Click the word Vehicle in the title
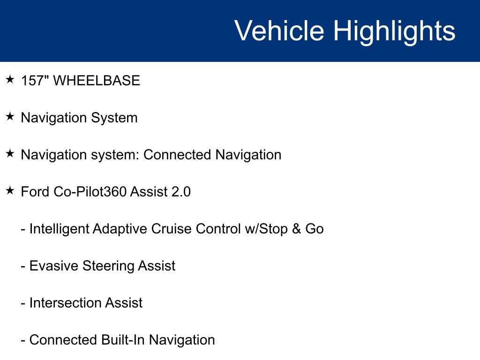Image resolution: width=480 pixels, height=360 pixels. point(279,30)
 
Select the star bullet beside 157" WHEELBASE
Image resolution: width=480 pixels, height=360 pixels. point(10,80)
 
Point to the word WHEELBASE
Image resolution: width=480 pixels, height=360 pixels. point(97,81)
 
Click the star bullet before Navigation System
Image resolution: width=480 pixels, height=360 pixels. point(10,117)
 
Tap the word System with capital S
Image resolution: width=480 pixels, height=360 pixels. point(114,118)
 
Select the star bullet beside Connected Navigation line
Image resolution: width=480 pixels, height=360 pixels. point(10,154)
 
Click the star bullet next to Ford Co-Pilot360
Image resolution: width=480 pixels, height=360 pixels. point(10,191)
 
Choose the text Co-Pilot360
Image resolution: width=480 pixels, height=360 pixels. point(90,192)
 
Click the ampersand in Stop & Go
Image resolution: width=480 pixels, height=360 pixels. point(296,229)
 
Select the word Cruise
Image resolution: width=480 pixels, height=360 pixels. point(171,229)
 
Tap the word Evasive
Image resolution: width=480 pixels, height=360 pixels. point(54,266)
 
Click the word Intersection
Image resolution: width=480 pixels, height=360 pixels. point(65,303)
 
